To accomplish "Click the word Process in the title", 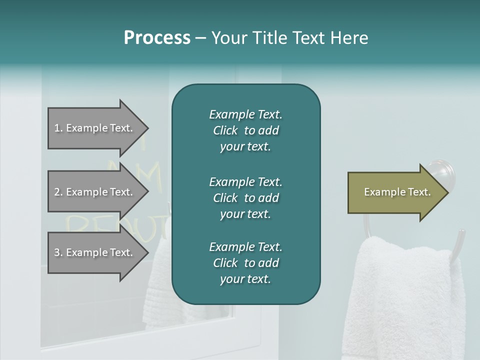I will pos(157,38).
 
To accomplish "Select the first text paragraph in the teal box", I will pos(245,130).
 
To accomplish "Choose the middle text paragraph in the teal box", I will pos(245,197).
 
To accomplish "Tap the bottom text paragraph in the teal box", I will pos(245,263).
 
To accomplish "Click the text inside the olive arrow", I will pos(397,192).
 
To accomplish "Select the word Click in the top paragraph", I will pos(225,130).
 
